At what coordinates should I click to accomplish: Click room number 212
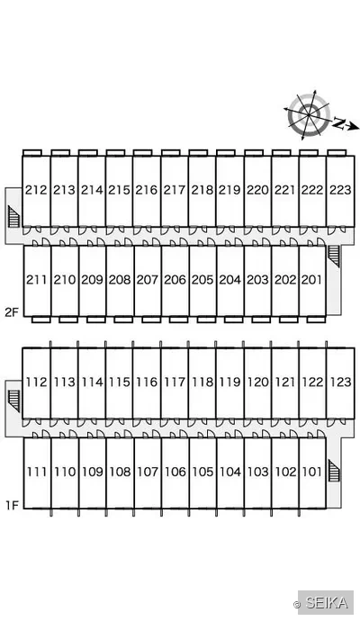coord(36,190)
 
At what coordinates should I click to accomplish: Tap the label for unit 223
coord(340,190)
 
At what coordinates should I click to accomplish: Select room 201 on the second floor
coord(311,280)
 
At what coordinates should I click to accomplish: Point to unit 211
coord(36,280)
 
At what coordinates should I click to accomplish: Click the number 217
coord(175,190)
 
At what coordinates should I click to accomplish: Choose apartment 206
coord(175,280)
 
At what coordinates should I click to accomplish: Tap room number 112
coord(36,382)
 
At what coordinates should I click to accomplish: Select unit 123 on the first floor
coord(340,382)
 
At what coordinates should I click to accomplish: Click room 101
coord(311,472)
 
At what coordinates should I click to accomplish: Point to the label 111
coord(37,472)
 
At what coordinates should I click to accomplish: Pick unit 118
coord(202,382)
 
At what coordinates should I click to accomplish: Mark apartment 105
coord(202,472)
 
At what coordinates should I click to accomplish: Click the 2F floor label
coord(12,312)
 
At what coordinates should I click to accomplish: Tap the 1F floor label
coord(12,505)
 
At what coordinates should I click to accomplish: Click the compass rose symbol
coord(309,115)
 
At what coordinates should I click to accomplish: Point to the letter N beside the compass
coord(338,123)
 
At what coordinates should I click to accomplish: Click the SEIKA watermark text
coord(327,602)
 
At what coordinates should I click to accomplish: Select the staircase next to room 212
coord(13,216)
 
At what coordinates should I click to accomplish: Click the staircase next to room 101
coord(334,471)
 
